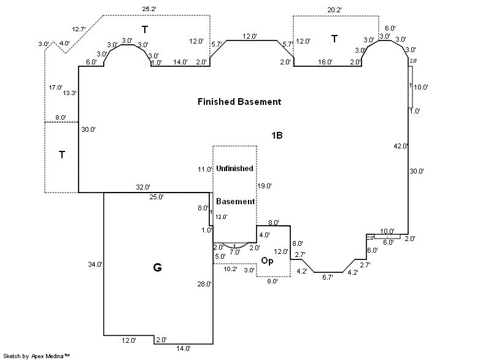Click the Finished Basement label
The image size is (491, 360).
point(239,102)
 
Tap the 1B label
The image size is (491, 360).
point(277,136)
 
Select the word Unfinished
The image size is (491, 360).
point(234,168)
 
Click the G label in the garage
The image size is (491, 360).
point(157,267)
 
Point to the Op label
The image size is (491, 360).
point(267,260)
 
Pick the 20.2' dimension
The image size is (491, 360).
point(334,9)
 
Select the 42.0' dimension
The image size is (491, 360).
point(400,146)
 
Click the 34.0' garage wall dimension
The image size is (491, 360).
point(95,264)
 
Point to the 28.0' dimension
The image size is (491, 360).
point(204,284)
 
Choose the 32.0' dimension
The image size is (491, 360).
point(143,187)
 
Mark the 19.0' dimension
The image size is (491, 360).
point(265,185)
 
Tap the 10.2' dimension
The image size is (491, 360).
point(230,269)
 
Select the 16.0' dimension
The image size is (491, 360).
point(325,62)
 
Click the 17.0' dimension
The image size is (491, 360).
point(56,88)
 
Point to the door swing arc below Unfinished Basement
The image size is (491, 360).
point(235,248)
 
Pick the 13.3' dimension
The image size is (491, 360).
point(70,93)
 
